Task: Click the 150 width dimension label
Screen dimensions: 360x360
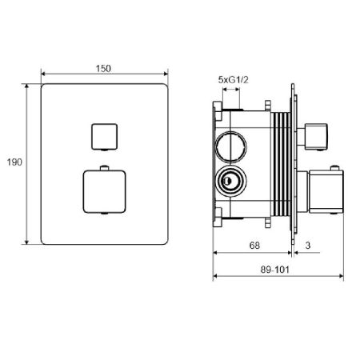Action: coord(103,69)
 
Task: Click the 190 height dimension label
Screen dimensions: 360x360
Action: coord(14,162)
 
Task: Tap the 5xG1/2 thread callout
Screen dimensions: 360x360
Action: coord(233,79)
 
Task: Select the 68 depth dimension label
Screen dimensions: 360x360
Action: coord(254,246)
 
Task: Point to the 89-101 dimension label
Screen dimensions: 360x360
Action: coord(274,270)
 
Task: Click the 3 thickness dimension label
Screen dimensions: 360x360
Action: coord(308,246)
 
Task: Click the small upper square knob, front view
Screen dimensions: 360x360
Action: coord(105,137)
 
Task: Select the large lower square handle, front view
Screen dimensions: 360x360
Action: coord(104,192)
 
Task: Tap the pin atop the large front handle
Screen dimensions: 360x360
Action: coord(105,168)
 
